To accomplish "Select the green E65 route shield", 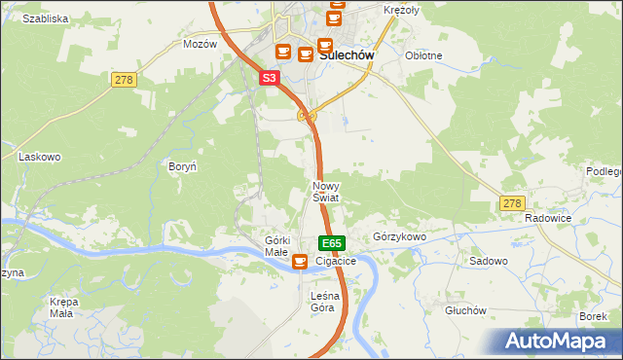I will point(331,243).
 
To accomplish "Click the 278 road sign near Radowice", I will point(512,203).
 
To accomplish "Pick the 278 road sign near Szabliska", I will point(123,80).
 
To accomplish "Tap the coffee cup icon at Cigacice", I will point(300,261).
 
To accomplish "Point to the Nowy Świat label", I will point(325,192).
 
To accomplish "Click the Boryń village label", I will point(183,166).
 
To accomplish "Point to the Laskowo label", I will point(40,156).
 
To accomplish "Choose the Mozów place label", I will point(200,45).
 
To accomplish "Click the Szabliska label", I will point(45,18).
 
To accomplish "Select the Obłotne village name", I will point(423,55).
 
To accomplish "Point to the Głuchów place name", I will point(464,310).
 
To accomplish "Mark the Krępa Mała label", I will point(63,307).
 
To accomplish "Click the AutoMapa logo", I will point(559,341).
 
